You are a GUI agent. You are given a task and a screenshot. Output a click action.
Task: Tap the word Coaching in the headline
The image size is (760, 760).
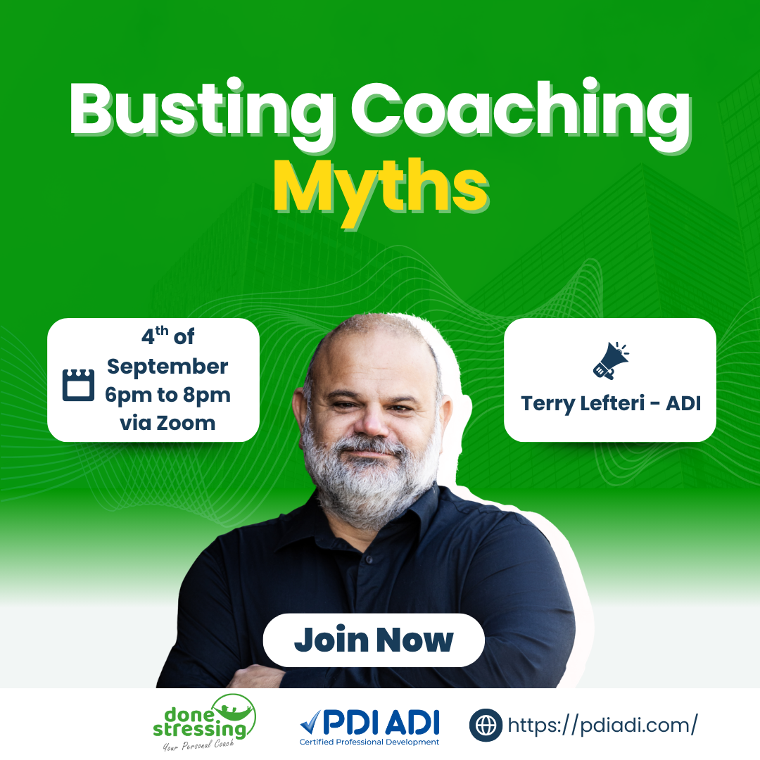click(521, 113)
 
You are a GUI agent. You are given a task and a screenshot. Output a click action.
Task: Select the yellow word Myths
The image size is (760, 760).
click(381, 192)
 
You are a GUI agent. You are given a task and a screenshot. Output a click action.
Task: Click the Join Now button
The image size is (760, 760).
click(374, 640)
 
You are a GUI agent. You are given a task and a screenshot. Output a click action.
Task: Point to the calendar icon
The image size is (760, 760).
click(79, 385)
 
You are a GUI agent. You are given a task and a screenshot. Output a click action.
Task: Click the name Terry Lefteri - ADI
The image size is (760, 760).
click(611, 403)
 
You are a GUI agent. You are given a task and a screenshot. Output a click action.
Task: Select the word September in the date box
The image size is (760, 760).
click(167, 367)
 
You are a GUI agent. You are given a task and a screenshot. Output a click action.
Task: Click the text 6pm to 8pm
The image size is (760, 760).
click(167, 395)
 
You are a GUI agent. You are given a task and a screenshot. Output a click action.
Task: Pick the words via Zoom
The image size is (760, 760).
click(167, 423)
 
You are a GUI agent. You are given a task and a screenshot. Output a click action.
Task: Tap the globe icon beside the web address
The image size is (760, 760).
click(486, 725)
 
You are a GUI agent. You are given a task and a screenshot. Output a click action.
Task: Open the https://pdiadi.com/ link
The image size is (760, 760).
click(603, 725)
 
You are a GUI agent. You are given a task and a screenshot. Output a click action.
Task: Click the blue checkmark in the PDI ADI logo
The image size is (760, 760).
click(310, 722)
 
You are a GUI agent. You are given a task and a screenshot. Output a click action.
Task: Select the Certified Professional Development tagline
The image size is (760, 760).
click(369, 742)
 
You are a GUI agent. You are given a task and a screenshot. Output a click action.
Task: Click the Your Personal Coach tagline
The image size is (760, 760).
click(198, 745)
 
